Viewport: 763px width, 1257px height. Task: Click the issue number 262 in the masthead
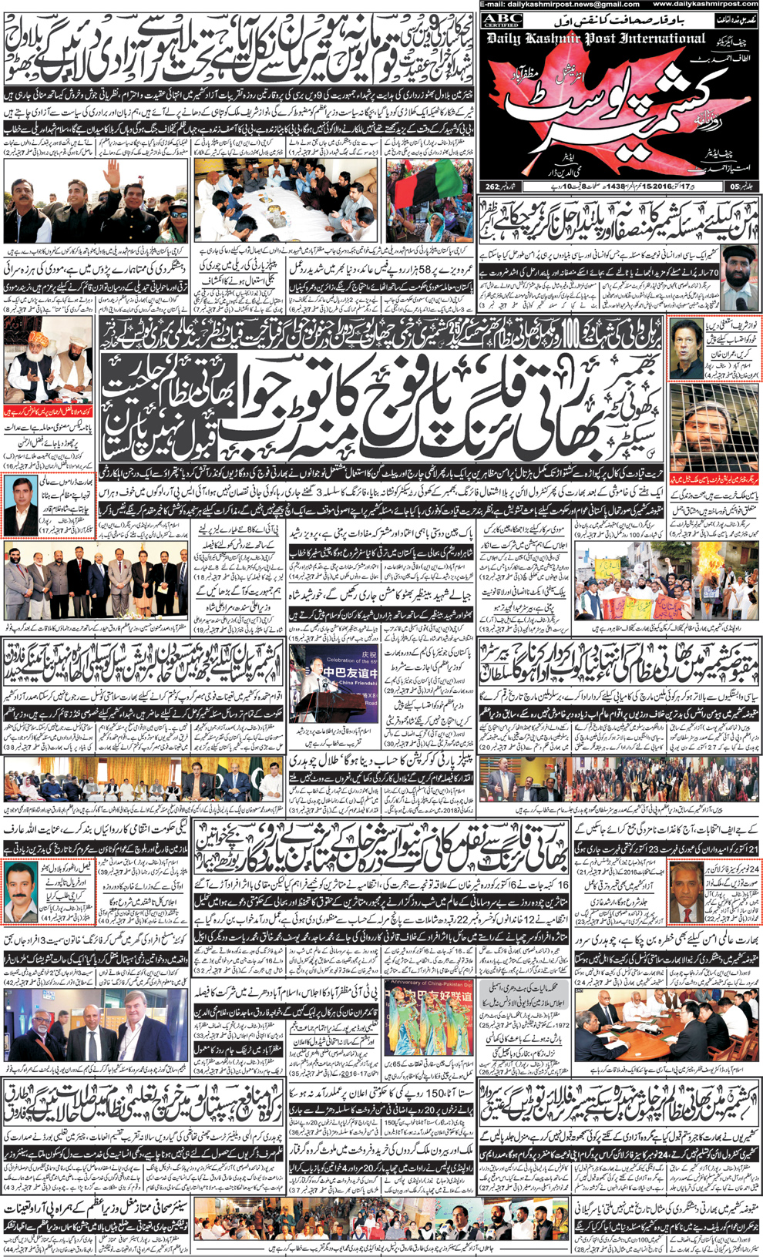point(492,187)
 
